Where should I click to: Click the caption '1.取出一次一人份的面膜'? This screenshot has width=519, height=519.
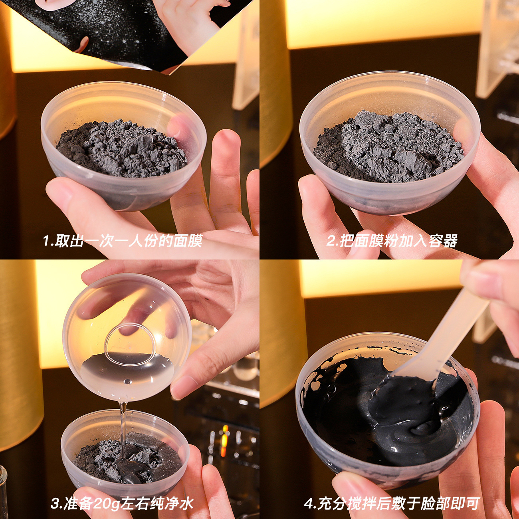pyautogui.click(x=123, y=240)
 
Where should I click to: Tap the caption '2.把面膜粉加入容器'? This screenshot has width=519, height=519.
pyautogui.click(x=392, y=240)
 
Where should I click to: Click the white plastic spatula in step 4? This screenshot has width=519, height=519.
pyautogui.click(x=436, y=339)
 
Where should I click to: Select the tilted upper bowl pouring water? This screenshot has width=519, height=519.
pyautogui.click(x=127, y=337)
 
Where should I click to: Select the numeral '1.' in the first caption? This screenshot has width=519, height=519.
pyautogui.click(x=48, y=241)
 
